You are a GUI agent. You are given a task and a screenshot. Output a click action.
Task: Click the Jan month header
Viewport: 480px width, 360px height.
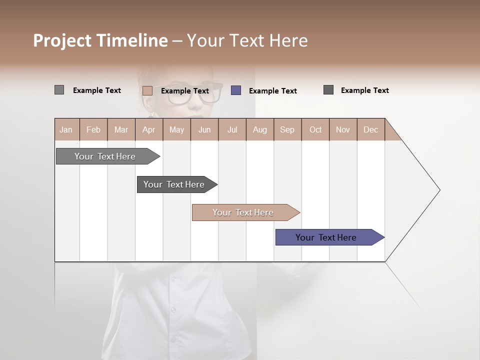(66, 129)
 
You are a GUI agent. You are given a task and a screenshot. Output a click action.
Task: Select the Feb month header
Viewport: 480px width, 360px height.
(93, 129)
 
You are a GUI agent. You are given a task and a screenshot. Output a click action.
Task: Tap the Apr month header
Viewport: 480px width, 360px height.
(149, 129)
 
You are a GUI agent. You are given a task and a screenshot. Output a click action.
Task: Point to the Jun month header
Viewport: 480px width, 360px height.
(204, 129)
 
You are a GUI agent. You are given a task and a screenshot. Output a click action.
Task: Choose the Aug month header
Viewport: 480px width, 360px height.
(260, 129)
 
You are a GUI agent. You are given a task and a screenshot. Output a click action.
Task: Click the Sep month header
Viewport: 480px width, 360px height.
(287, 129)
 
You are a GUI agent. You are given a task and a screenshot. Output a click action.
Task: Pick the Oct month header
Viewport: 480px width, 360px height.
(315, 129)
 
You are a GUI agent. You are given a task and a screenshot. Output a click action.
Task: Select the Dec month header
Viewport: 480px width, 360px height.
(371, 129)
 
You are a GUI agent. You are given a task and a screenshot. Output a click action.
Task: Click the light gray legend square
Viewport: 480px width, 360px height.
(59, 90)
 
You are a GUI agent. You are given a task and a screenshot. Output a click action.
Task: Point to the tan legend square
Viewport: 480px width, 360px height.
(147, 90)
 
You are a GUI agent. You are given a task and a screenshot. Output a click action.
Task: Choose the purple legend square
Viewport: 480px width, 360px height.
(236, 90)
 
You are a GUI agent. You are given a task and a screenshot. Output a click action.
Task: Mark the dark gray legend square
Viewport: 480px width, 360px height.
(328, 90)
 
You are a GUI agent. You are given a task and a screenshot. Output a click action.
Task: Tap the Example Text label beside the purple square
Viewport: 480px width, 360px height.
(273, 91)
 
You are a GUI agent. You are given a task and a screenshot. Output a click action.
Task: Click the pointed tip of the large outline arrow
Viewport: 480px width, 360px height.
(438, 190)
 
